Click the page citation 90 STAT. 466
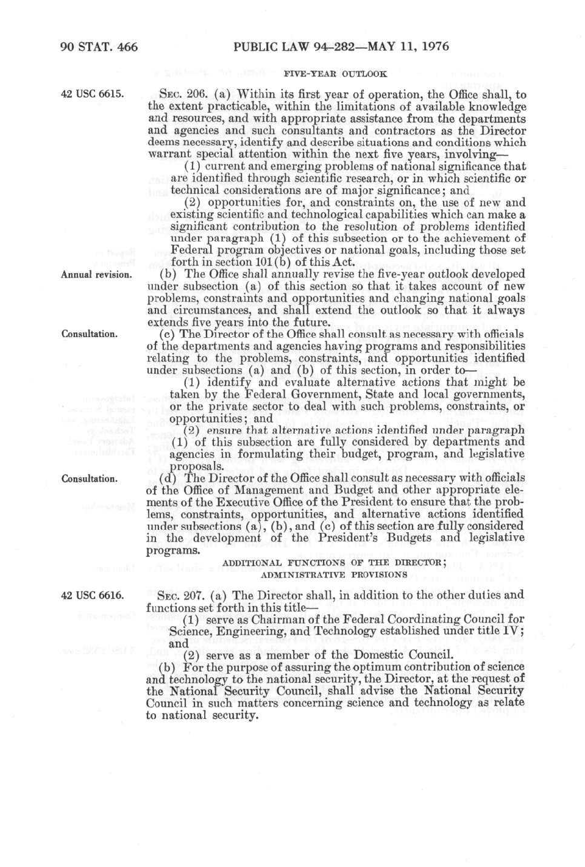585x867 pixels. (x=99, y=47)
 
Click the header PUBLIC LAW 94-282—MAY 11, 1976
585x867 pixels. (x=341, y=47)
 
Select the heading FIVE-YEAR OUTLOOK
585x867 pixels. (x=335, y=74)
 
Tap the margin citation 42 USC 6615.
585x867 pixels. (x=93, y=95)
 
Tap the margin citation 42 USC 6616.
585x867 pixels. (x=93, y=595)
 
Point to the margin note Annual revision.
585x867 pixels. (x=96, y=274)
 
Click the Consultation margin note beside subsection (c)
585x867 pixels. (x=90, y=334)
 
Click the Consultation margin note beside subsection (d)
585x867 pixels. (x=90, y=479)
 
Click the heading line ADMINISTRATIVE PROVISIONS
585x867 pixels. (x=334, y=574)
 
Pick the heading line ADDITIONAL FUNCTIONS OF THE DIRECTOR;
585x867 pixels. (x=335, y=563)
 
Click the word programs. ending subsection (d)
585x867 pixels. (x=173, y=550)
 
